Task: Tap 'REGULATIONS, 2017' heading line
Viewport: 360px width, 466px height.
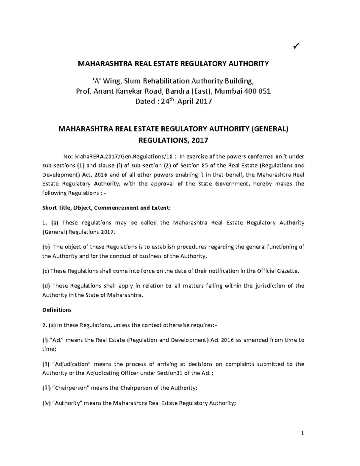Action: click(x=173, y=140)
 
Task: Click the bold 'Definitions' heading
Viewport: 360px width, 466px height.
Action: click(x=57, y=310)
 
